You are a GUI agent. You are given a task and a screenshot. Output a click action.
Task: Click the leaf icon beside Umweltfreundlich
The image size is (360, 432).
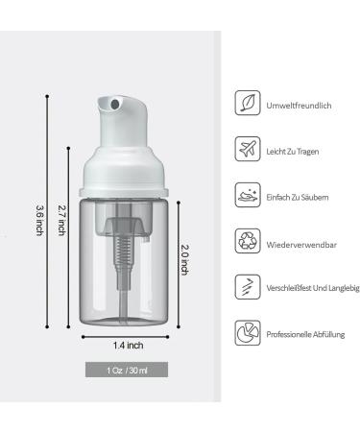point(248,103)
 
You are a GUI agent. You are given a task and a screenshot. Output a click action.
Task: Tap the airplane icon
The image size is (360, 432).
point(248,149)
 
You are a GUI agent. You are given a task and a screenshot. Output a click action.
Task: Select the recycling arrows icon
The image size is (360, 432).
point(248,241)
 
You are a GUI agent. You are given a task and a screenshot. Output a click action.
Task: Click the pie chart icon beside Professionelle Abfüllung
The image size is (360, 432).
point(248,333)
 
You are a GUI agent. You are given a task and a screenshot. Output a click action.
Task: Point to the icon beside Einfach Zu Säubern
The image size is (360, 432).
point(248,195)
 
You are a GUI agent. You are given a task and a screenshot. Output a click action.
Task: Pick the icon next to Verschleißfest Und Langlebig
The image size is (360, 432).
point(248,287)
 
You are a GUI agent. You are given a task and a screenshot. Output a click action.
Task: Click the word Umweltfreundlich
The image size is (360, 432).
point(299,106)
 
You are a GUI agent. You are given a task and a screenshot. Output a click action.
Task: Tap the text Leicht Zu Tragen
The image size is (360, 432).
point(293,152)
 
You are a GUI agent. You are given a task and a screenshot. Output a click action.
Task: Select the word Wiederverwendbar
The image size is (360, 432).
point(301,245)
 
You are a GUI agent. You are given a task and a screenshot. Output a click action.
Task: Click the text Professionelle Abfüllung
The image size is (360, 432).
point(305,334)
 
